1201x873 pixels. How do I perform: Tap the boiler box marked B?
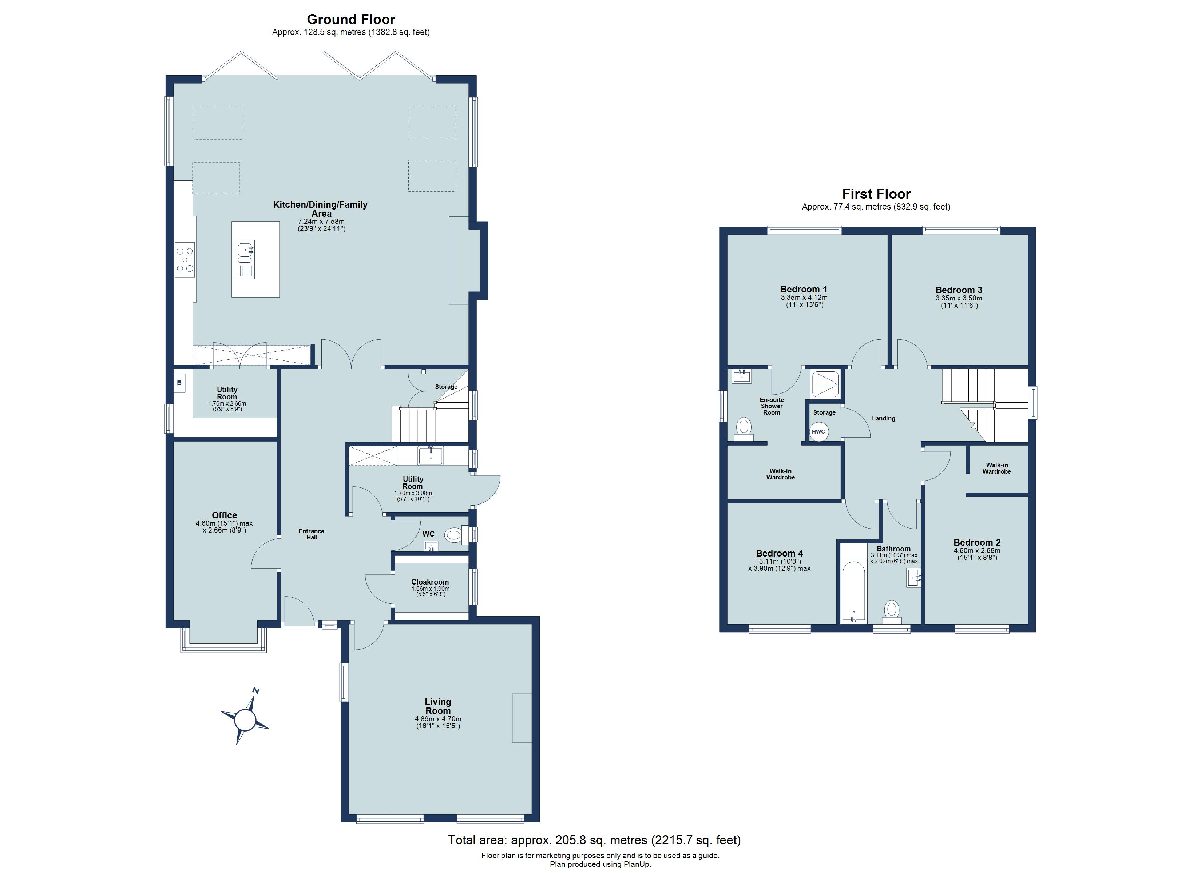179,383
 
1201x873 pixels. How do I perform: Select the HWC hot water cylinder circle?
818,431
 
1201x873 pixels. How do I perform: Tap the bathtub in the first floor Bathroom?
853,591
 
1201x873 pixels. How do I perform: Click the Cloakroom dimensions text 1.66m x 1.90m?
430,589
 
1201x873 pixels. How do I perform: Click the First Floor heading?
876,194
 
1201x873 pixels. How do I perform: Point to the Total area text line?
594,840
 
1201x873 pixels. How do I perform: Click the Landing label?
883,418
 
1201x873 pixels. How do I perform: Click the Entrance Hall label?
312,534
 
